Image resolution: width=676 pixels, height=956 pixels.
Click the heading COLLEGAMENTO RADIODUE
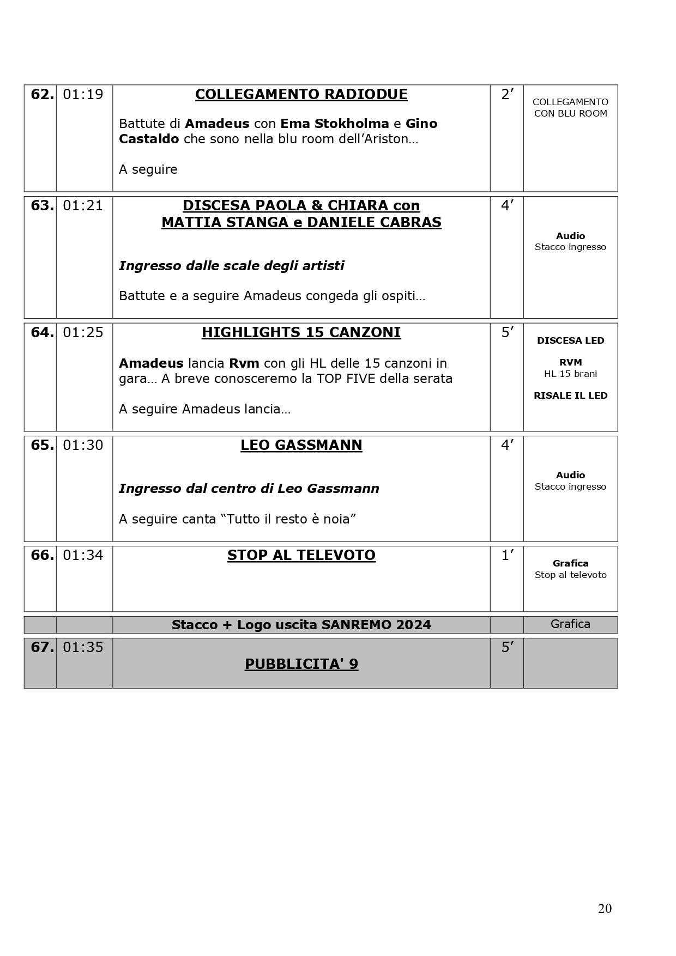tap(301, 95)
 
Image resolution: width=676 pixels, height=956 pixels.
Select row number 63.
tap(42, 206)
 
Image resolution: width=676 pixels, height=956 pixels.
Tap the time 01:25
tap(83, 332)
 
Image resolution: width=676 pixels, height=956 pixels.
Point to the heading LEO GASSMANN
tap(301, 446)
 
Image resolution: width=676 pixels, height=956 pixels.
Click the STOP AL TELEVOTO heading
tap(301, 556)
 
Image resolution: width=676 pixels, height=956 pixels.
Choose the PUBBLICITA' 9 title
tap(301, 665)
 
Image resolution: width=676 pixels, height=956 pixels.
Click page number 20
tap(605, 909)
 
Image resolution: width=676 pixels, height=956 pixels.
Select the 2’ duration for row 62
tap(507, 95)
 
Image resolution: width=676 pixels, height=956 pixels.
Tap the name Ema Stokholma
tap(334, 124)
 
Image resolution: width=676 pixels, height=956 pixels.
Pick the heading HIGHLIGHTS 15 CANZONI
tap(301, 333)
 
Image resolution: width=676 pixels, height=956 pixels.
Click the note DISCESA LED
tap(570, 341)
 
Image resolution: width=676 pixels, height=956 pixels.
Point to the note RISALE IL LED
tap(570, 396)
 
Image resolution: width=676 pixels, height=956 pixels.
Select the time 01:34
tap(83, 555)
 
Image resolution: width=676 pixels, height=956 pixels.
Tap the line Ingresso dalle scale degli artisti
tap(231, 266)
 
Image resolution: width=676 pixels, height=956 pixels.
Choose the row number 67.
tap(42, 648)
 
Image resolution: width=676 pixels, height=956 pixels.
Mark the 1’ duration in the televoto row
tap(507, 556)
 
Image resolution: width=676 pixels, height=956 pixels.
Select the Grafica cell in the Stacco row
tap(570, 624)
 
